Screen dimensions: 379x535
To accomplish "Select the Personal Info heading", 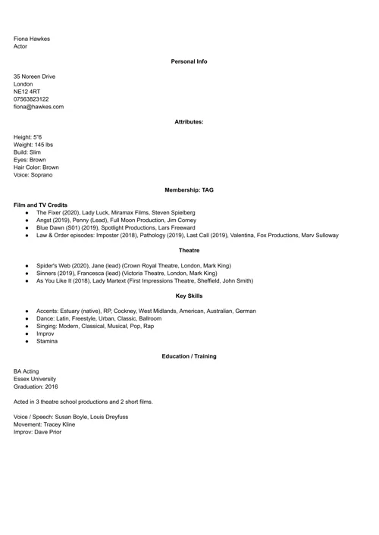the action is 189,61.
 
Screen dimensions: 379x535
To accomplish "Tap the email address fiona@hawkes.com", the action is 39,107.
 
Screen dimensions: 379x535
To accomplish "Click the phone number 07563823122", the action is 31,99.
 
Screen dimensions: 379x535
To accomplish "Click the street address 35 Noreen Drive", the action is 34,77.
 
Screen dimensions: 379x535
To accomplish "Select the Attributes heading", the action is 189,121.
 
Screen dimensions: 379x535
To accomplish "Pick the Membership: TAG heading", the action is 189,190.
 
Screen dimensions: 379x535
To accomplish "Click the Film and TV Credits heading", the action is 40,205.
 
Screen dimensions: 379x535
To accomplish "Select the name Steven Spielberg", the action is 174,213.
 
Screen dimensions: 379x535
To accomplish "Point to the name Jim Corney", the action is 179,221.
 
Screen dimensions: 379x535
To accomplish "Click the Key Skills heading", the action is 189,296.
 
